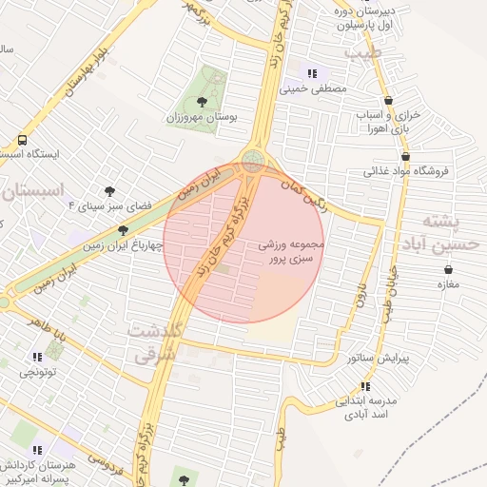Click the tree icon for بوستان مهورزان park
201,100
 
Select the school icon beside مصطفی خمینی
311,73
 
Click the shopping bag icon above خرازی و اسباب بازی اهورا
389,100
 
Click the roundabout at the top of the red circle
253,161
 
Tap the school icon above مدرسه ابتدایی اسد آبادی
364,385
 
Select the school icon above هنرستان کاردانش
37,450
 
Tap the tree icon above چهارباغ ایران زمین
122,229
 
